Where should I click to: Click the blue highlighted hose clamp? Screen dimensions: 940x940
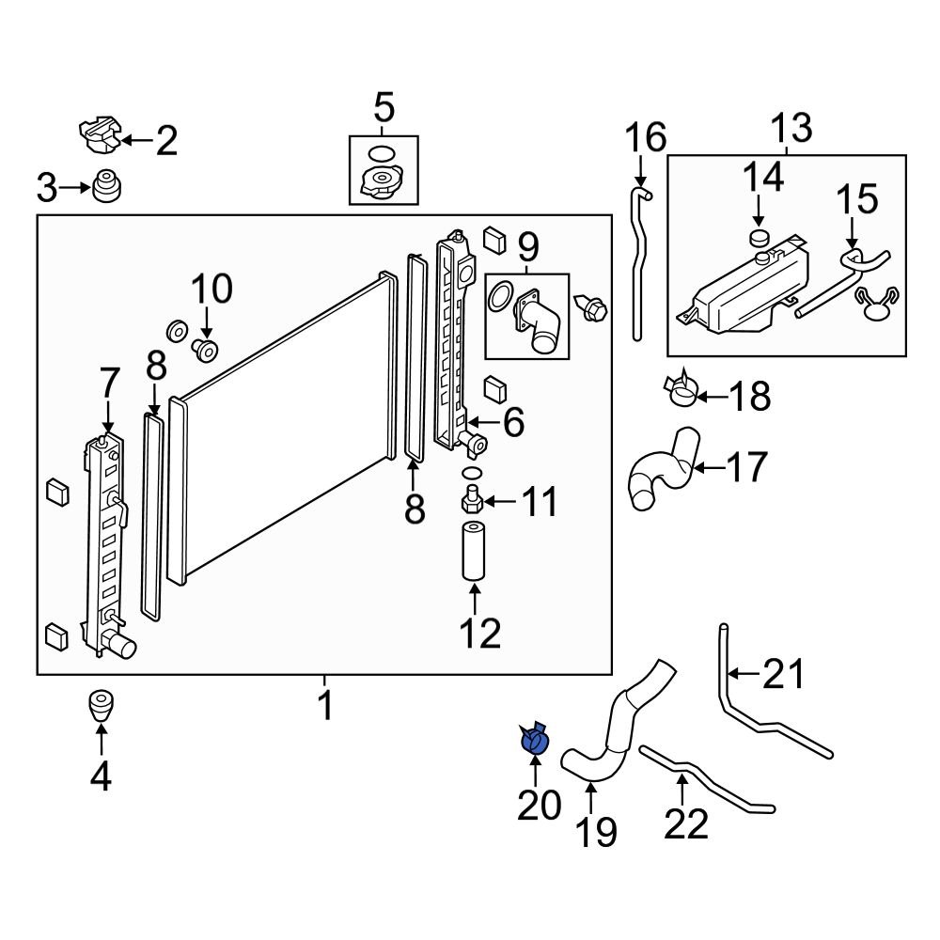533,740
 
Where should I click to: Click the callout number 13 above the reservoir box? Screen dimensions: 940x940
791,128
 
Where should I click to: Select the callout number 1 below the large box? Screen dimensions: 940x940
325,704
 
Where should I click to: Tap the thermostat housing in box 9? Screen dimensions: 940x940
536,322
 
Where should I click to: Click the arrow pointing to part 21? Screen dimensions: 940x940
744,672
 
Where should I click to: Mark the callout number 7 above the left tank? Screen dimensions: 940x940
110,384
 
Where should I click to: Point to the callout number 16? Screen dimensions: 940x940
646,138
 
